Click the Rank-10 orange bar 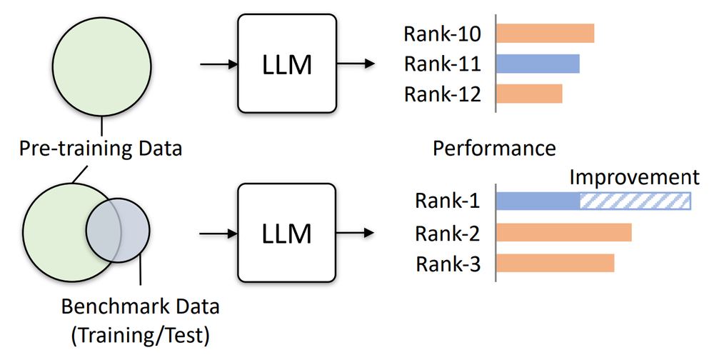click(545, 34)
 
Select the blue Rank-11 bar click(538, 64)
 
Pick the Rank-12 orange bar click(529, 94)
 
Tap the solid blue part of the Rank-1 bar click(537, 201)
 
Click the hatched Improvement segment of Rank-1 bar click(635, 201)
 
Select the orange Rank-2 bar click(563, 233)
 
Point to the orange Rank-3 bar click(555, 263)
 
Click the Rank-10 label click(442, 34)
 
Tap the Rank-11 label click(442, 64)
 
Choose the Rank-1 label click(447, 201)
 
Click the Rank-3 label click(447, 264)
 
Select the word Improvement click(634, 177)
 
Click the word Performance click(494, 149)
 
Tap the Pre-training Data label click(101, 149)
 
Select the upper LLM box click(286, 64)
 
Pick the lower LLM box click(286, 232)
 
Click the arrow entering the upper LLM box click(218, 64)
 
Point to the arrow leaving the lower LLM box click(355, 232)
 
